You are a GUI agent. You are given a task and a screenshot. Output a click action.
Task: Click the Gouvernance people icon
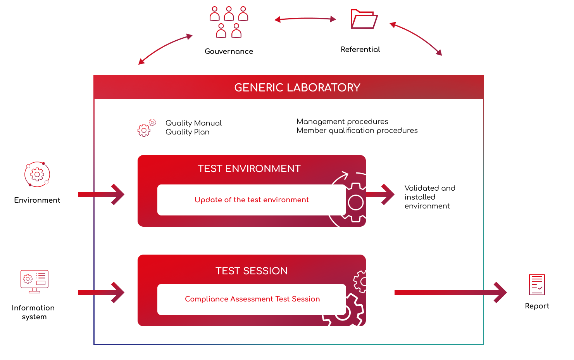[x=229, y=22]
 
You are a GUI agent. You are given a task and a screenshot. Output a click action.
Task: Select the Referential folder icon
[x=364, y=19]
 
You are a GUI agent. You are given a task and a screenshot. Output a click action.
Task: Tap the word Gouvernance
[x=229, y=51]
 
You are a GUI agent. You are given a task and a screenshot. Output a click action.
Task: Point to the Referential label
[x=360, y=49]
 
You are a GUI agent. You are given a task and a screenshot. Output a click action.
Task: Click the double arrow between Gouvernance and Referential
[x=305, y=19]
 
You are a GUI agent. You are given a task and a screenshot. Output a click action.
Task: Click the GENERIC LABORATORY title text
[x=297, y=88]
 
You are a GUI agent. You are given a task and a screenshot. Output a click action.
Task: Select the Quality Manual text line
[x=193, y=123]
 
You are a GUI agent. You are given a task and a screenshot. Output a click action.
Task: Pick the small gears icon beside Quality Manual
[x=147, y=127]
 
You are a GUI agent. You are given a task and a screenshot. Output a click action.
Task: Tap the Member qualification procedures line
[x=357, y=131]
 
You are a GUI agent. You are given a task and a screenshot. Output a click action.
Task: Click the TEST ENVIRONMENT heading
[x=249, y=169]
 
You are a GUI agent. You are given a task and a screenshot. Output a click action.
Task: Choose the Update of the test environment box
[x=252, y=200]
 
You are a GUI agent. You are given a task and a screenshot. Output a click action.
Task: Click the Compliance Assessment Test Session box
[x=252, y=299]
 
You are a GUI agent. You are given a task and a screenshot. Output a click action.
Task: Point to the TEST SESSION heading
[x=252, y=271]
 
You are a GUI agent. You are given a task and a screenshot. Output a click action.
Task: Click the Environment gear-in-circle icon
[x=37, y=174]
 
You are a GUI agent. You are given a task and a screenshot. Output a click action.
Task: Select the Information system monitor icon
[x=34, y=282]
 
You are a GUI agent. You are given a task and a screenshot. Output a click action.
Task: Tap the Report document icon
[x=537, y=285]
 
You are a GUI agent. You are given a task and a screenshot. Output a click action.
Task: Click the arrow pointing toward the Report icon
[x=450, y=292]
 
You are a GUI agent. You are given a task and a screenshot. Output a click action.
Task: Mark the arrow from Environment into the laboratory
[x=101, y=194]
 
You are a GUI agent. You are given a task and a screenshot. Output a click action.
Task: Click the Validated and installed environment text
[x=430, y=197]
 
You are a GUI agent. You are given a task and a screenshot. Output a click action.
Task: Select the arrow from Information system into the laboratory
[x=101, y=292]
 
